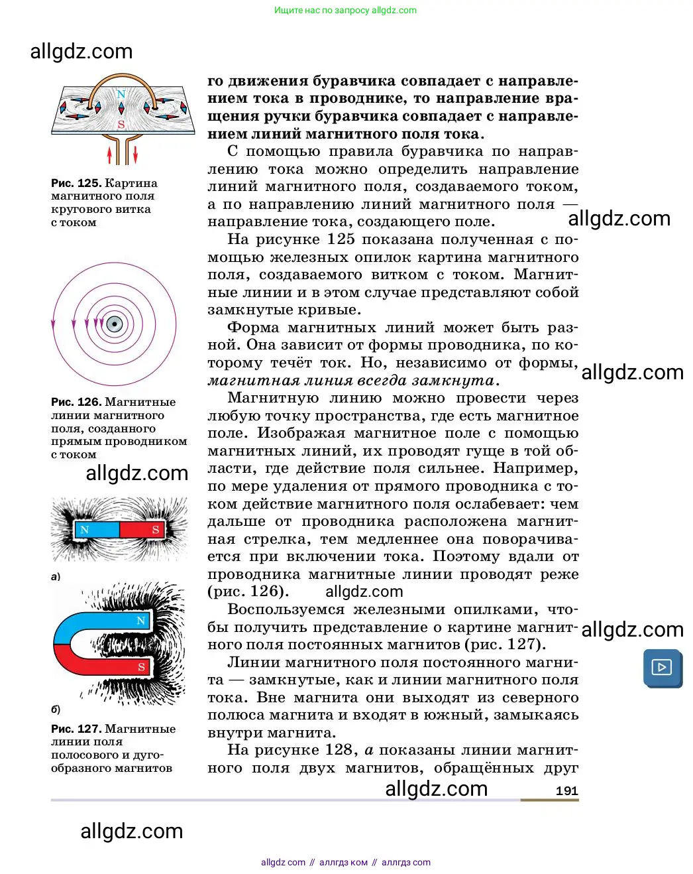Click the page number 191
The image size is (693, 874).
(x=566, y=790)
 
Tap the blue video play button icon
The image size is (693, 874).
(x=662, y=667)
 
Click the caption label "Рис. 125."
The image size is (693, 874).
(x=76, y=183)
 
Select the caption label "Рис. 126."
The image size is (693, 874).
(x=76, y=402)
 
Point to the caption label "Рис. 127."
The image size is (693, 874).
(x=76, y=729)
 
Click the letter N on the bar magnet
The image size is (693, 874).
(x=84, y=530)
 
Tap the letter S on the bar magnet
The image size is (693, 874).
(x=155, y=530)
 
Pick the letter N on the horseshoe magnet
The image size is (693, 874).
(x=140, y=621)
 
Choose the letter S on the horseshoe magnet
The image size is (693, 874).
(x=141, y=667)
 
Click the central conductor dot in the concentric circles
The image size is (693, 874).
(x=115, y=325)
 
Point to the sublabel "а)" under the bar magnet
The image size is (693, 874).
(x=56, y=576)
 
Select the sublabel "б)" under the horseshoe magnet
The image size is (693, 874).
(x=56, y=709)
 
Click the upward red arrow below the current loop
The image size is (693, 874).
(x=110, y=155)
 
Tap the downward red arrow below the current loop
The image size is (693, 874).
(x=135, y=155)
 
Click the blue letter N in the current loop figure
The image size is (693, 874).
(x=121, y=94)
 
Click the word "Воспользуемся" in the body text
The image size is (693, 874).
(x=286, y=609)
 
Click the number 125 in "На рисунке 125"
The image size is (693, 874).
(x=341, y=239)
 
